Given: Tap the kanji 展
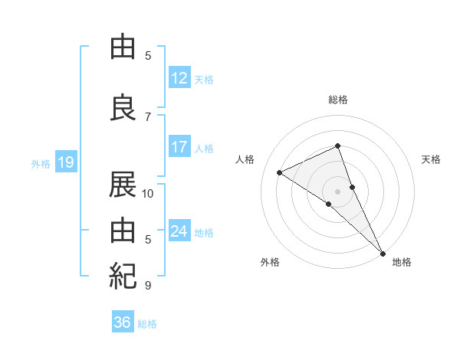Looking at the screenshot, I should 123,185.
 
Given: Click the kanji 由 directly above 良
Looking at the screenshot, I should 123,47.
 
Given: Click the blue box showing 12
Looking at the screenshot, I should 179,77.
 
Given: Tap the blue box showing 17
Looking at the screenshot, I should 179,147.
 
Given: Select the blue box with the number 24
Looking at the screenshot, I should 179,231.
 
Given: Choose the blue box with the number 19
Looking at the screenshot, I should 66,162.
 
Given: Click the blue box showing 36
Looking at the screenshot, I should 123,322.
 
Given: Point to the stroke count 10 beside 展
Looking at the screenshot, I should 148,193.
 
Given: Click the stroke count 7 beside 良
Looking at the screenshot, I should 148,116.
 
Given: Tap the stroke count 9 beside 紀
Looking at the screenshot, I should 148,286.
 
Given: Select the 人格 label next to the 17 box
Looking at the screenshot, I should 204,149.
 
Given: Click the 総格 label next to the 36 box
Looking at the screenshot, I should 147,324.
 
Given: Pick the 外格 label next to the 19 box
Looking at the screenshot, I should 41,164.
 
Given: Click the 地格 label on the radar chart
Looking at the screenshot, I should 402,262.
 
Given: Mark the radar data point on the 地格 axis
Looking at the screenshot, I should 382,252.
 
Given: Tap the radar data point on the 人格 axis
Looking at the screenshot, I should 280,172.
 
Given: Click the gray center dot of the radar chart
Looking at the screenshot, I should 338,191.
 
